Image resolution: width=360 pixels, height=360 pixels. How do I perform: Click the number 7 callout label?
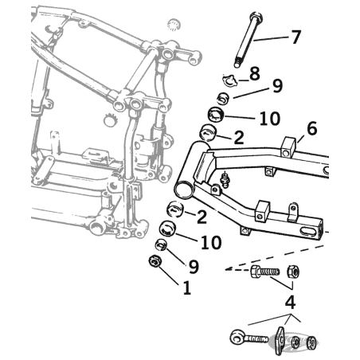[296, 37]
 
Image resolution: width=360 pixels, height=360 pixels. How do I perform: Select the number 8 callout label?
[255, 74]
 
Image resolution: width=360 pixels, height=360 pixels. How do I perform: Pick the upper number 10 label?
[268, 119]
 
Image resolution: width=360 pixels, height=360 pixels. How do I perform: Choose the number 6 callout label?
[311, 129]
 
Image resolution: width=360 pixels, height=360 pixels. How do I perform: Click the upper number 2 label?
[237, 138]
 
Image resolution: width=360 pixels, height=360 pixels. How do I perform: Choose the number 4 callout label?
[290, 303]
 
